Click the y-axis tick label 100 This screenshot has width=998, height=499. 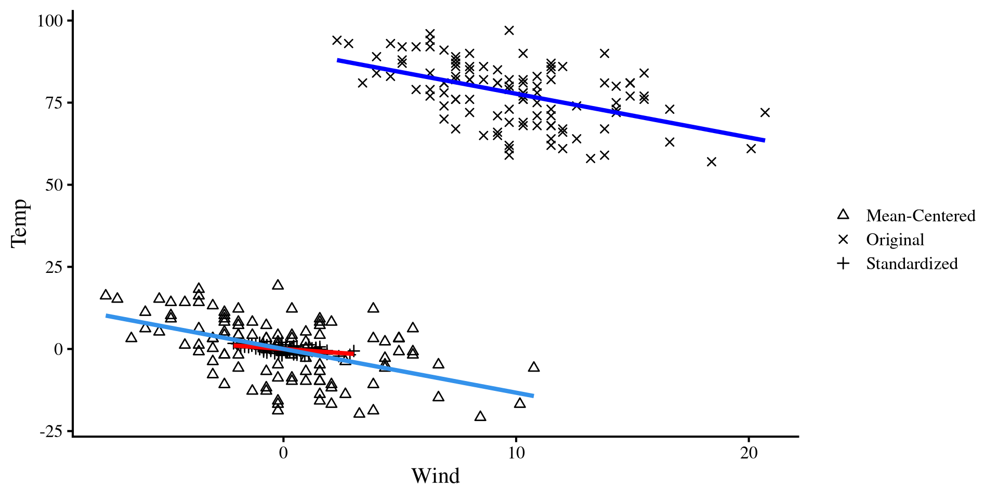(x=50, y=21)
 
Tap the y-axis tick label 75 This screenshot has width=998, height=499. (x=54, y=103)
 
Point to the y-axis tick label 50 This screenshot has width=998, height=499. (x=54, y=185)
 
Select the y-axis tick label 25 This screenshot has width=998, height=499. (x=54, y=267)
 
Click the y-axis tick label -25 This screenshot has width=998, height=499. (x=51, y=431)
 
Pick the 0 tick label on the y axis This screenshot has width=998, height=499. (x=58, y=349)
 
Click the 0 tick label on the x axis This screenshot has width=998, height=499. (x=283, y=453)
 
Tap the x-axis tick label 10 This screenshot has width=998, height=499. (x=516, y=453)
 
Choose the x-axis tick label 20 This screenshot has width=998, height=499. (x=749, y=453)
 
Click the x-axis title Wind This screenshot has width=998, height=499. (x=436, y=476)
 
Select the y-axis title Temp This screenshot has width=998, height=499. (x=20, y=224)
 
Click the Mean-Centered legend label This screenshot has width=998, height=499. (x=921, y=216)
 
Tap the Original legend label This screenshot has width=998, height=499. (x=895, y=240)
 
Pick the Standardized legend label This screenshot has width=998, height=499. (x=912, y=264)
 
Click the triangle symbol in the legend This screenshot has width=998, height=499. (x=843, y=215)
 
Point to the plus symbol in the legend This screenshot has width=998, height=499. (x=843, y=264)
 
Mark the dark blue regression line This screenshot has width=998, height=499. (x=551, y=100)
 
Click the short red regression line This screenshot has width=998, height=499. (x=312, y=350)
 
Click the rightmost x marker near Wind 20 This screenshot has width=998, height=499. (x=765, y=113)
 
